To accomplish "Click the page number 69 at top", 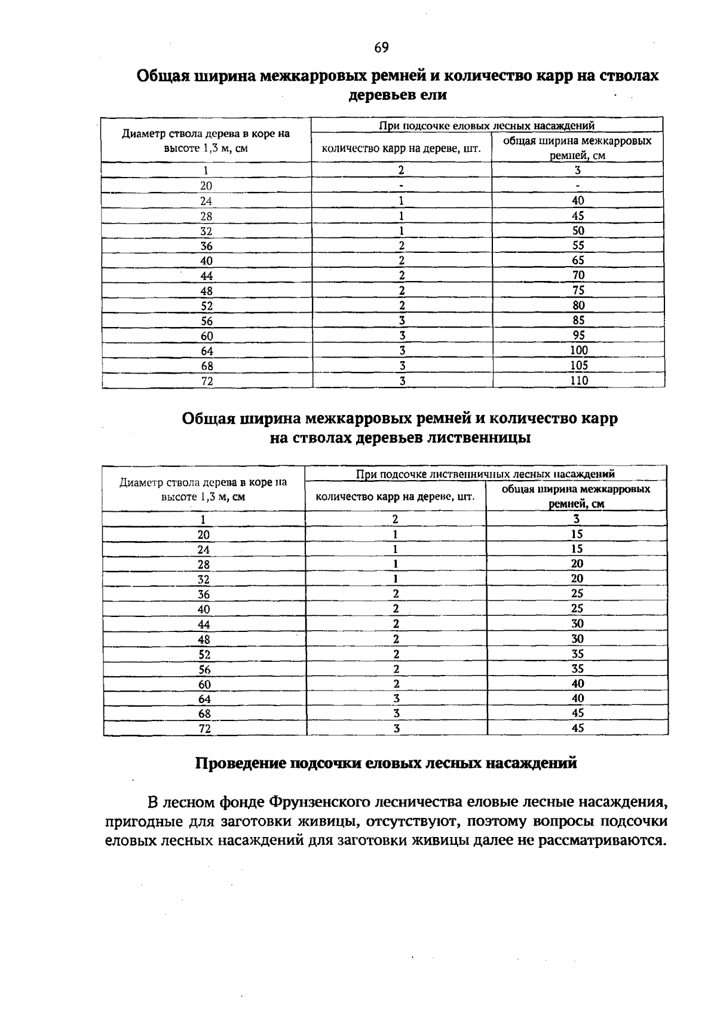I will pyautogui.click(x=382, y=48).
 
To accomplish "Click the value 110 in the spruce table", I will pyautogui.click(x=578, y=380).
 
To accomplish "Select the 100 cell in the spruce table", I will pyautogui.click(x=578, y=350).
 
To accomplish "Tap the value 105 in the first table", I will pyautogui.click(x=578, y=365).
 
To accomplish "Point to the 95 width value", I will pyautogui.click(x=578, y=335).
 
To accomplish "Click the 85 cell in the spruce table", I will pyautogui.click(x=578, y=320).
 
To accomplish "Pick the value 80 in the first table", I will pyautogui.click(x=578, y=306).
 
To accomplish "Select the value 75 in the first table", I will pyautogui.click(x=578, y=291).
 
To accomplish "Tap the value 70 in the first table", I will pyautogui.click(x=578, y=276).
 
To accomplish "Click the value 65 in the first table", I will pyautogui.click(x=578, y=261).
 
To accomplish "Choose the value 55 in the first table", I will pyautogui.click(x=578, y=246).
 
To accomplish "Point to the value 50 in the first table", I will pyautogui.click(x=578, y=231).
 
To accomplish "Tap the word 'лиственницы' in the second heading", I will pyautogui.click(x=477, y=438).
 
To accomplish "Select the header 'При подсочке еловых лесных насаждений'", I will pyautogui.click(x=487, y=126).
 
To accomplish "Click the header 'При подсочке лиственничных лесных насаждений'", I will pyautogui.click(x=485, y=474).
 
